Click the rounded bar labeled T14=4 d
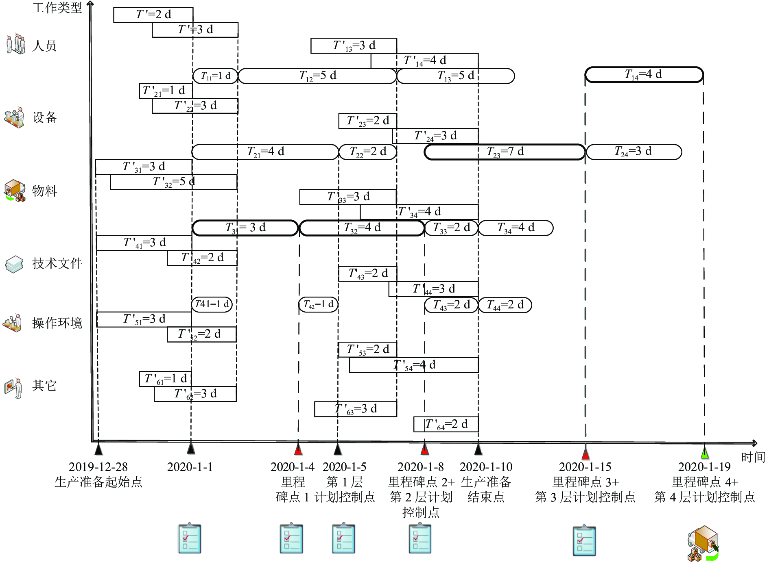(644, 75)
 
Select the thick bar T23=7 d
(505, 152)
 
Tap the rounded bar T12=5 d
(317, 76)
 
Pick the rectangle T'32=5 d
(174, 182)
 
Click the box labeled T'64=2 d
(446, 425)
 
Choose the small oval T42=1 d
(318, 304)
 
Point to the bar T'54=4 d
(414, 365)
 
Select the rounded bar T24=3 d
(634, 152)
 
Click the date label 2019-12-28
(98, 467)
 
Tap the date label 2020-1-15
(585, 467)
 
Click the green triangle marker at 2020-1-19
(704, 453)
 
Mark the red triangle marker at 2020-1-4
(298, 450)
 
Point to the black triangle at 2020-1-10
(478, 450)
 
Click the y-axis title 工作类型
(57, 7)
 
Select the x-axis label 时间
(753, 457)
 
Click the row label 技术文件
(57, 263)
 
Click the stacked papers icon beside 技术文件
(14, 264)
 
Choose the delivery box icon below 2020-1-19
(703, 544)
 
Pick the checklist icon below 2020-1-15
(584, 540)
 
